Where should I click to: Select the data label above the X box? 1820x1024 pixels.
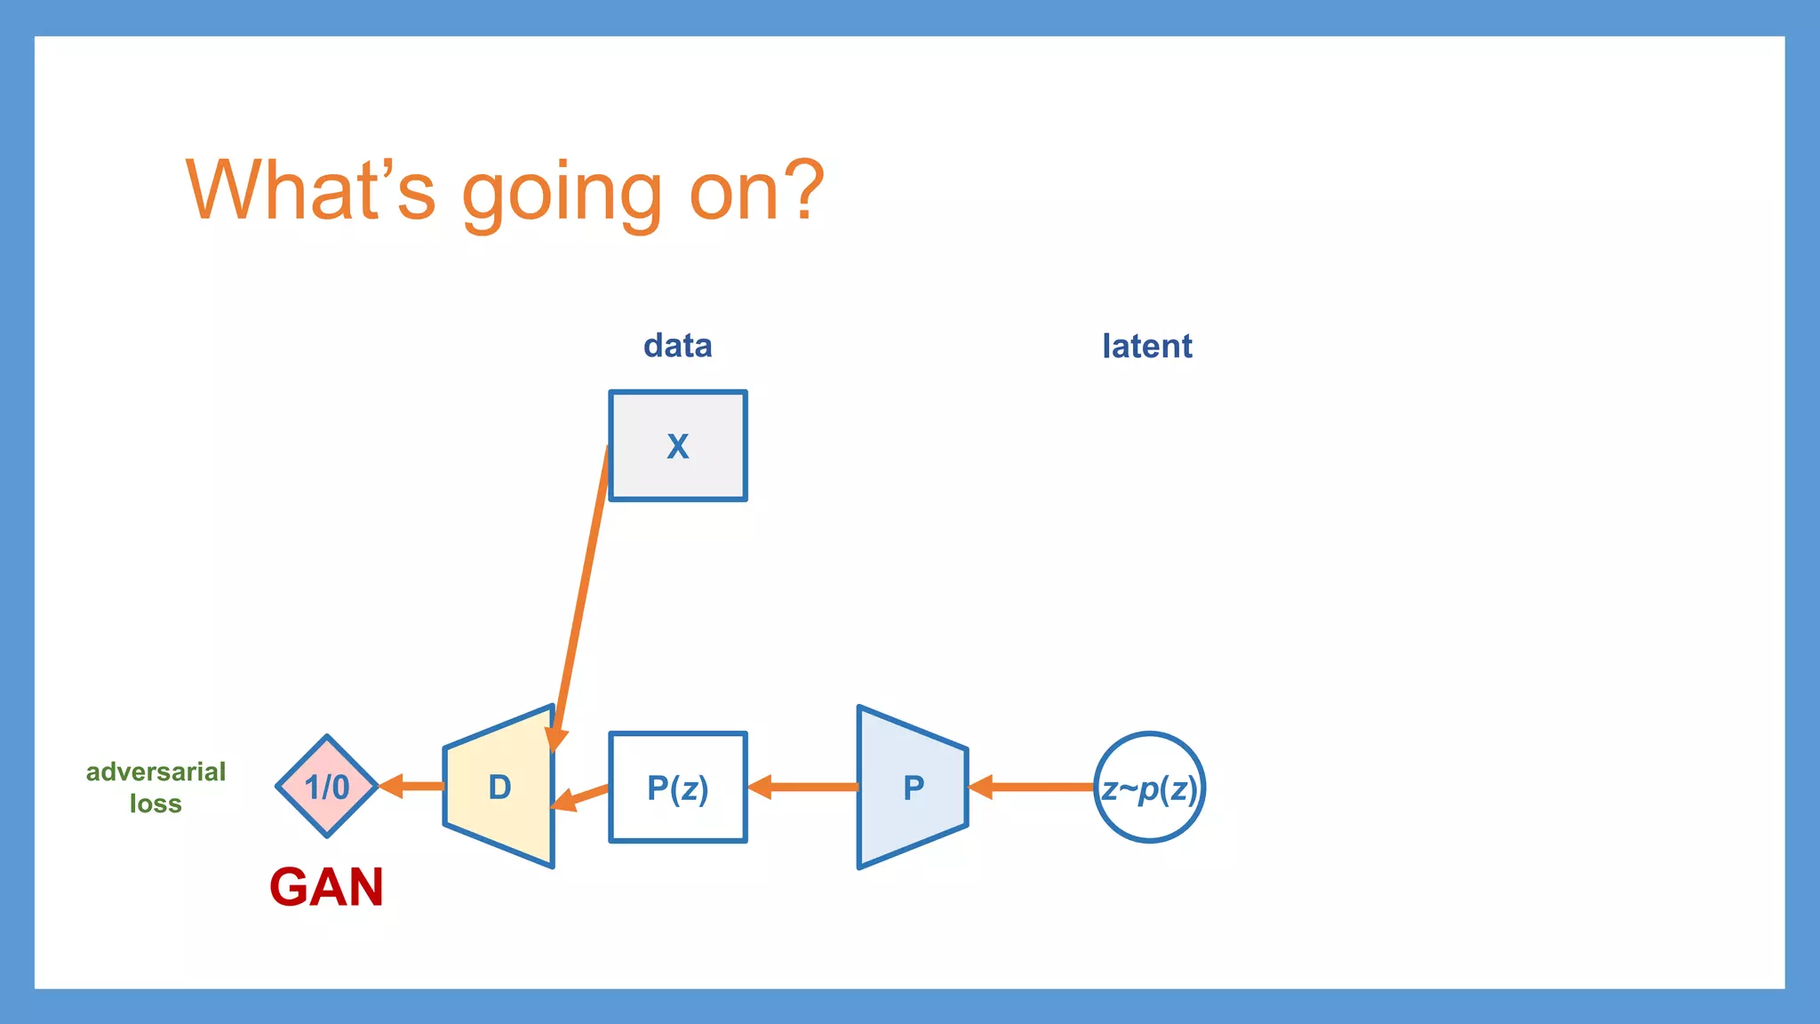677,346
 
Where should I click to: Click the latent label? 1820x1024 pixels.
1146,346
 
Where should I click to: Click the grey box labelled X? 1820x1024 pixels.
677,446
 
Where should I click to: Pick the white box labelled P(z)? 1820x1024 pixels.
677,788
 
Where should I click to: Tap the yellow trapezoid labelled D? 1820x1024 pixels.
499,788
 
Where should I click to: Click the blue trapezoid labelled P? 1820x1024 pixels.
913,788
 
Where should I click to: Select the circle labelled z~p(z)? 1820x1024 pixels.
1149,788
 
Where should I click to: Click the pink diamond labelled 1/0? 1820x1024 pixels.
327,787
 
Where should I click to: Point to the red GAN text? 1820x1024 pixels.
326,887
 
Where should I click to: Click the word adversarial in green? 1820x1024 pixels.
156,772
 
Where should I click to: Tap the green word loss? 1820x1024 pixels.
156,804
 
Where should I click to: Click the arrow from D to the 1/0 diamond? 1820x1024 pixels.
412,786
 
